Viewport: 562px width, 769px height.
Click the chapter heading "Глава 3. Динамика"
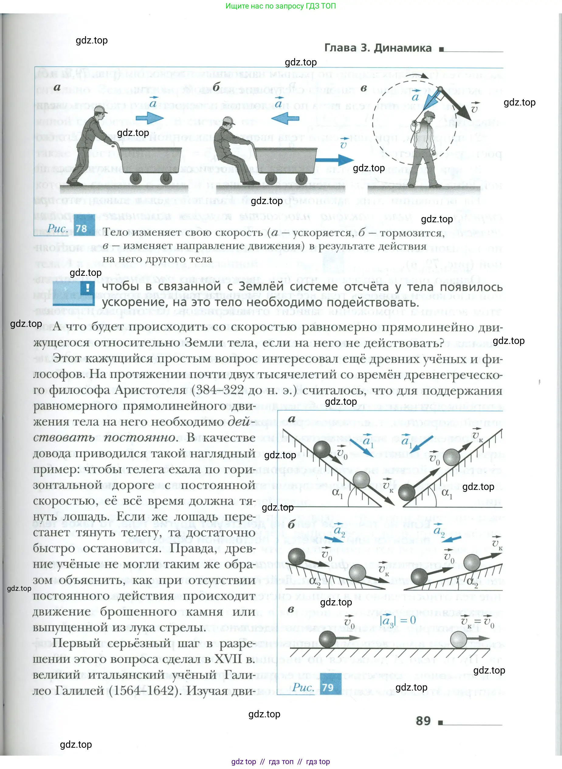tap(378, 48)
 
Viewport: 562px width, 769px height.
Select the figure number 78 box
tap(81, 228)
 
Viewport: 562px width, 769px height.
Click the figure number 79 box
tap(328, 687)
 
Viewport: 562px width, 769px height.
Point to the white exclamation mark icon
tap(88, 288)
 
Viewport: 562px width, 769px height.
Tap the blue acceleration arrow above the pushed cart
tap(150, 118)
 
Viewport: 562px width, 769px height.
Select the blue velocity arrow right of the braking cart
tap(335, 160)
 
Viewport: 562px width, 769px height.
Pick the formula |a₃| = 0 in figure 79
tap(397, 620)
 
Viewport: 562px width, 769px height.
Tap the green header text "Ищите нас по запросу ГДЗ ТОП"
tap(281, 6)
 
